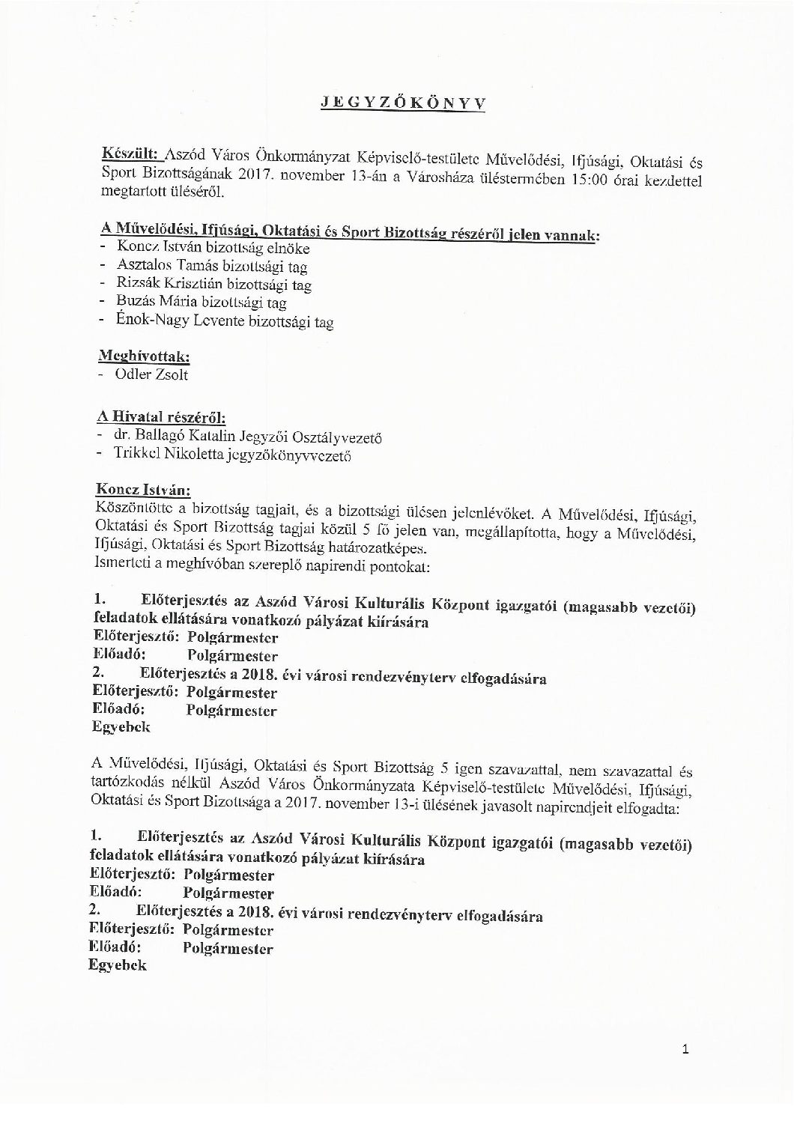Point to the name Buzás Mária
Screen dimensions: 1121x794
(153, 303)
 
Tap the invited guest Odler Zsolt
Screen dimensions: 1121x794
(151, 374)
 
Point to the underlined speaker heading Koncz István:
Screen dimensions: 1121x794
(143, 490)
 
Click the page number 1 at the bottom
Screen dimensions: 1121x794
(685, 1050)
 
